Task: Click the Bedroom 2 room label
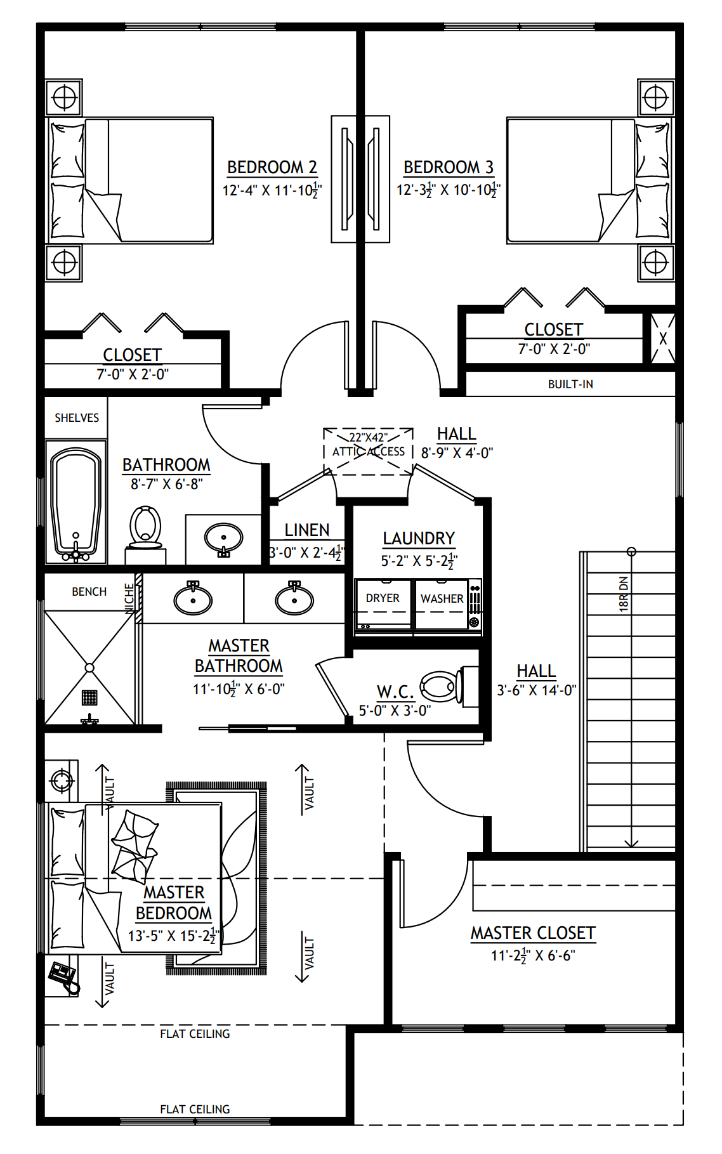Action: pos(272,167)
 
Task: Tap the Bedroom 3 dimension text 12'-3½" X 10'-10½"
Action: pos(448,190)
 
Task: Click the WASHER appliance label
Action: pos(442,598)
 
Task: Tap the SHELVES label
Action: pos(77,418)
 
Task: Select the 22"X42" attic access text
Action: pos(369,438)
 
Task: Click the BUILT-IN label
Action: pos(570,384)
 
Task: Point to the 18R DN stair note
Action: pos(624,593)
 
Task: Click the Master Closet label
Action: pos(533,933)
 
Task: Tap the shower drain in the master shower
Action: pos(89,697)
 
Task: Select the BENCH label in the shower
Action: pos(89,592)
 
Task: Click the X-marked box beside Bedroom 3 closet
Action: pos(662,339)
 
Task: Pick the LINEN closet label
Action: pos(306,530)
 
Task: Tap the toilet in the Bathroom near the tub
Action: pos(145,528)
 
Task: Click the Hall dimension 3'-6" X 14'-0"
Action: pos(536,690)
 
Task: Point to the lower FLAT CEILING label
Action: pos(195,1109)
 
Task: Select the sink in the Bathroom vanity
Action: pos(223,539)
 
